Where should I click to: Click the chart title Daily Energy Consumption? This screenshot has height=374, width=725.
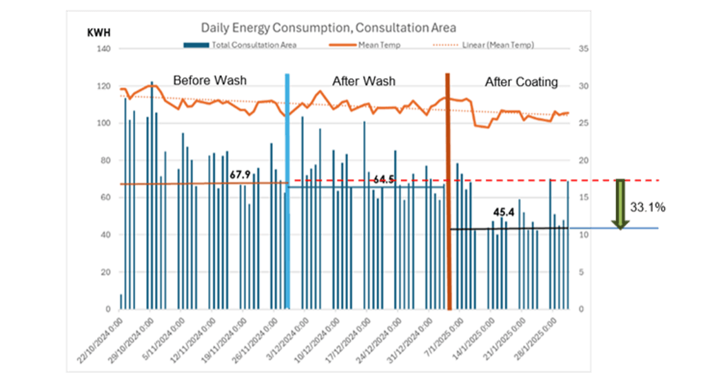pos(328,28)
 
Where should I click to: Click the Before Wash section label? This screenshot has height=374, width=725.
pos(210,81)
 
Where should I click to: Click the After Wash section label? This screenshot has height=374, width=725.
pos(364,81)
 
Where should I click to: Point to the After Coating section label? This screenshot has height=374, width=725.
pos(521,82)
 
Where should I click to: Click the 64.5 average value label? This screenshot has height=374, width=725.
pos(383,179)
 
